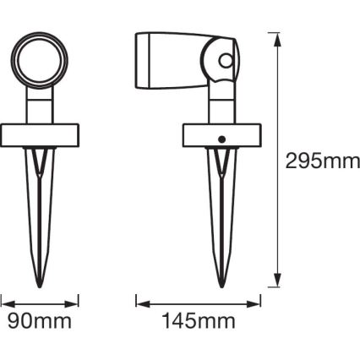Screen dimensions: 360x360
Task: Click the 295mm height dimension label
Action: tap(322, 161)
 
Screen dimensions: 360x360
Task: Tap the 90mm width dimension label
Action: tap(40, 321)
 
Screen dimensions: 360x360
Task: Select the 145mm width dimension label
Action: tap(199, 321)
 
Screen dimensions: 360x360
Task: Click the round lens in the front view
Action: tap(39, 60)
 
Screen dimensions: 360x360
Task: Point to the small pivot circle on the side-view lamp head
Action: tap(226, 61)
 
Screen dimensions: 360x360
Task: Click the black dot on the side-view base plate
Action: tap(222, 139)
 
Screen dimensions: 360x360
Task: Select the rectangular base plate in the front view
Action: tap(40, 135)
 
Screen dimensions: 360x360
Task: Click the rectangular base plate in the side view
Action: tap(222, 135)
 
